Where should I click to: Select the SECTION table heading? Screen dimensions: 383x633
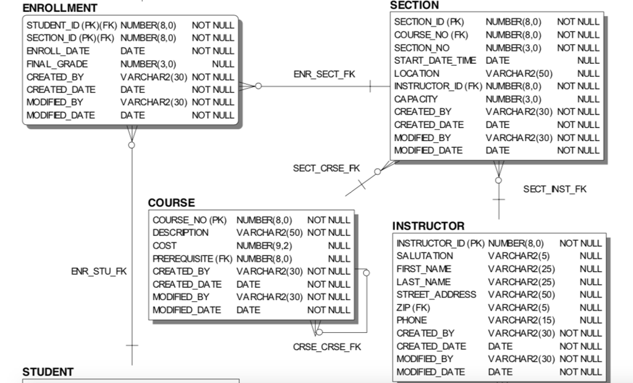pyautogui.click(x=415, y=5)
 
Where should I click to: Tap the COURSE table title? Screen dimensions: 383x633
pyautogui.click(x=171, y=203)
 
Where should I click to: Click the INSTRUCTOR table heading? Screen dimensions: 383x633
pyautogui.click(x=428, y=226)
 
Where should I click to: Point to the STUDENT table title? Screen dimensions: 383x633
pyautogui.click(x=48, y=372)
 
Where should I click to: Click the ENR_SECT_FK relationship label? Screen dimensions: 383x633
pyautogui.click(x=324, y=74)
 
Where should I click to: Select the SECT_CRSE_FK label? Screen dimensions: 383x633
pyautogui.click(x=326, y=169)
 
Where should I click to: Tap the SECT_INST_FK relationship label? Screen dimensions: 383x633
pyautogui.click(x=554, y=189)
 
